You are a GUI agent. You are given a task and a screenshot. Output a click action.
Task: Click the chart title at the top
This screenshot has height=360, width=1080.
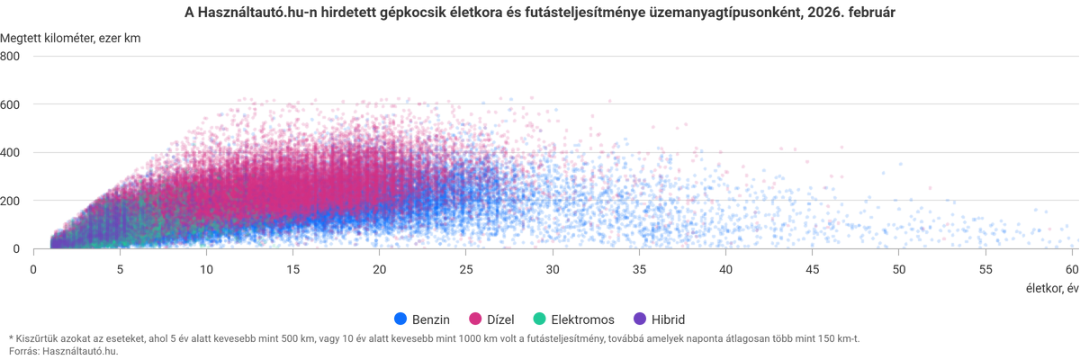[x=540, y=13]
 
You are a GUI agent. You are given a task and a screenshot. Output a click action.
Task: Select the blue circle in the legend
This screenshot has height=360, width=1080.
[x=401, y=319]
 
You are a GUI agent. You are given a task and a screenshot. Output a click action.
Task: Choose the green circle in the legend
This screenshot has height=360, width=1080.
[x=540, y=319]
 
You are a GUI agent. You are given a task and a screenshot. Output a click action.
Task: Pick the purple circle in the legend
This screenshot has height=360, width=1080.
[x=641, y=319]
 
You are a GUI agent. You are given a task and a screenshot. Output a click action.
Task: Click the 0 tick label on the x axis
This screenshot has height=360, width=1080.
[x=33, y=268]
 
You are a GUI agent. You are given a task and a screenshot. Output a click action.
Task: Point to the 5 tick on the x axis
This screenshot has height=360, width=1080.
[x=120, y=268]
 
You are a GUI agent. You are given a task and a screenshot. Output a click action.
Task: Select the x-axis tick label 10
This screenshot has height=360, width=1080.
[x=206, y=268]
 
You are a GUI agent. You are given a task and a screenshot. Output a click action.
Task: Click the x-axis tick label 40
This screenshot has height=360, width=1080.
[x=726, y=268]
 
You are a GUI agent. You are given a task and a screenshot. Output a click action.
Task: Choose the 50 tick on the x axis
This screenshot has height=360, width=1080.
[x=899, y=268]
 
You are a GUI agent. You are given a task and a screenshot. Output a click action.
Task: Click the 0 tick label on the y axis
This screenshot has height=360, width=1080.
[x=16, y=248]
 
